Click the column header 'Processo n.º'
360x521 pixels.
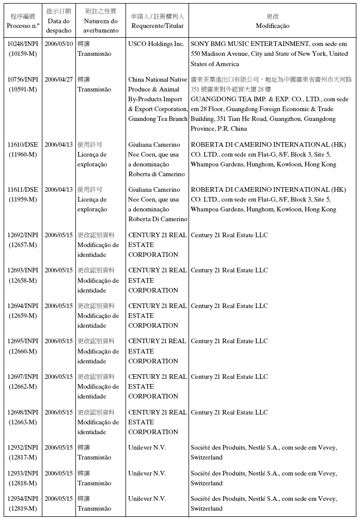tap(23, 25)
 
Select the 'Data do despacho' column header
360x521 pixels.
tap(58, 25)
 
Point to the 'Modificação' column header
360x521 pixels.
tap(272, 26)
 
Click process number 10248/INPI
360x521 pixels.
tap(23, 44)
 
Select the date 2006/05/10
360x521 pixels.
tap(58, 44)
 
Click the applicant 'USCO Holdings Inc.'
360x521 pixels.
tap(156, 44)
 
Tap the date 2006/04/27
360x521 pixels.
tap(58, 80)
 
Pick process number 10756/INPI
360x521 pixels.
tap(23, 80)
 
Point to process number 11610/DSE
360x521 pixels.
tap(23, 145)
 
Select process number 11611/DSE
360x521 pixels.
tap(23, 190)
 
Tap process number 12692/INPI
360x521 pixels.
tap(23, 235)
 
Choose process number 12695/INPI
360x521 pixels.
tap(23, 341)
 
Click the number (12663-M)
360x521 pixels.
tap(23, 422)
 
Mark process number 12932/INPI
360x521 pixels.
tap(23, 448)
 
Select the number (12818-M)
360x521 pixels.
tap(23, 483)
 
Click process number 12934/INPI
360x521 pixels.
tap(23, 499)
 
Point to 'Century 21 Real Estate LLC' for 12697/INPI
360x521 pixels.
tap(229, 377)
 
